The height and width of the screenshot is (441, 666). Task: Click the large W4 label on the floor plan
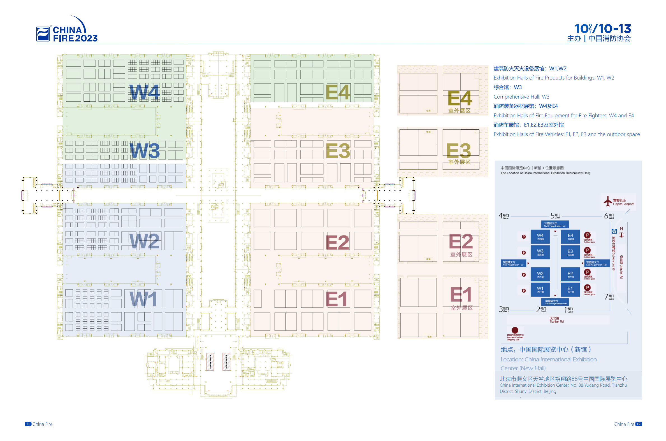point(144,92)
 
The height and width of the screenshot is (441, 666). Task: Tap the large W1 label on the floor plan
point(143,299)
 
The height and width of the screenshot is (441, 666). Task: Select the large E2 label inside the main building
point(337,242)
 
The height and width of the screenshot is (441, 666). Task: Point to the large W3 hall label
point(145,150)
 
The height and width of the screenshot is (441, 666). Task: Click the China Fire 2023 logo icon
point(43,34)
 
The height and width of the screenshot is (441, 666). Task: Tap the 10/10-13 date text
point(602,29)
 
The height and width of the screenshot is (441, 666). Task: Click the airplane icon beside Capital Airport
point(607,201)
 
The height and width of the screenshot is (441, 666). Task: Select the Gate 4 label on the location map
point(503,216)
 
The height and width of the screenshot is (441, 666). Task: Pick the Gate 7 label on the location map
point(609,297)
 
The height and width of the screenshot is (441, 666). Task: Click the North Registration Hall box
point(554,225)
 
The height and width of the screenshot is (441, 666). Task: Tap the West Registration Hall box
point(513,263)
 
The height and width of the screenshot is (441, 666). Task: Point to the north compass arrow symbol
point(621,235)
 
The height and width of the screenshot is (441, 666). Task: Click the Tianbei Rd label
point(556,320)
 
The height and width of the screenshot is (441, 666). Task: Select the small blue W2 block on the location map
point(540,274)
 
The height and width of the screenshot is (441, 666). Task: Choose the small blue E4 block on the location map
point(570,236)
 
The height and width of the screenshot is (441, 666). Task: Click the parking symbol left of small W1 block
point(523,291)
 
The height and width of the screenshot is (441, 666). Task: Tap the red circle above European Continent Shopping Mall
point(515,330)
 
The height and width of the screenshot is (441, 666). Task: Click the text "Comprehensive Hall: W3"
point(521,97)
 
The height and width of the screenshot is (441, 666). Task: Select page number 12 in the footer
point(639,424)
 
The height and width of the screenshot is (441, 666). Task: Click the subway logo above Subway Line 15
point(614,231)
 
